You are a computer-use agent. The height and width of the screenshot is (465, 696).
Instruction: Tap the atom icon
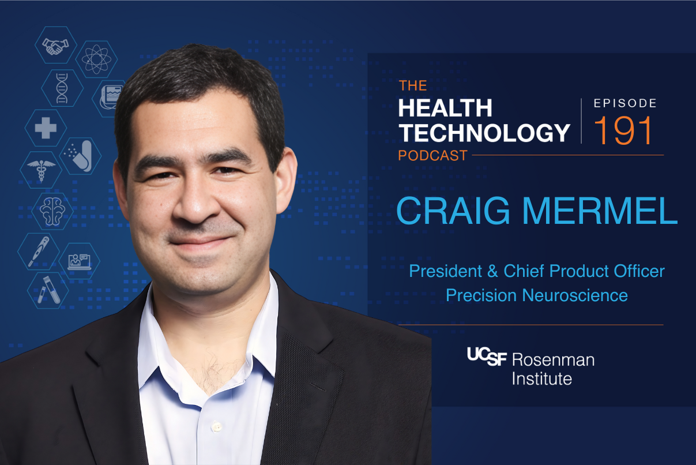point(95,59)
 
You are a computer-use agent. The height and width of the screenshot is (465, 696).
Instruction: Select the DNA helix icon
point(62,88)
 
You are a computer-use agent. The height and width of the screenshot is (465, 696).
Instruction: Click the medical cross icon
point(46,127)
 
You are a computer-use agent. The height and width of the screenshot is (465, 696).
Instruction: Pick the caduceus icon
point(40,169)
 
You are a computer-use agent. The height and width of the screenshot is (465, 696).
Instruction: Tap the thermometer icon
point(38,250)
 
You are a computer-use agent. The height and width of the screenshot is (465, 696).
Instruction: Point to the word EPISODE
point(625,103)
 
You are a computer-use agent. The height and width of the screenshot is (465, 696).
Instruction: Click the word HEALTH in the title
point(445,108)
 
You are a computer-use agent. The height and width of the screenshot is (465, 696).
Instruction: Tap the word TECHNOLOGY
point(484,133)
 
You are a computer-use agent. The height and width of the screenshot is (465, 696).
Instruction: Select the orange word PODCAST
point(432,156)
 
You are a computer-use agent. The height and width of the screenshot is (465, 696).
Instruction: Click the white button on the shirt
point(217,427)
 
